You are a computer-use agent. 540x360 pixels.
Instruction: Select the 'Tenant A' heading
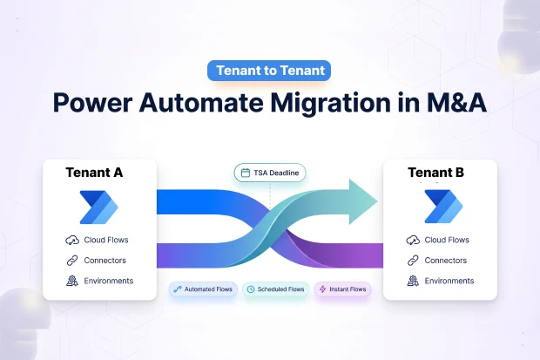click(x=94, y=173)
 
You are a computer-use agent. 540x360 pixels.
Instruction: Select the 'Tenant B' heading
click(x=437, y=173)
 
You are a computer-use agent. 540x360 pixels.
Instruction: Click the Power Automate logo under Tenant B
click(x=440, y=206)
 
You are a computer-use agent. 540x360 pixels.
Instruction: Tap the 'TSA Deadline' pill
click(x=269, y=173)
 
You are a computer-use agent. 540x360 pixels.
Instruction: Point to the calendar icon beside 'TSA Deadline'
click(x=246, y=173)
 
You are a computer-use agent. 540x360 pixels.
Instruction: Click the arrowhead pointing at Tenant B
click(x=361, y=202)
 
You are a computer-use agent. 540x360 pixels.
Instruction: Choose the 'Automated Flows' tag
click(x=203, y=289)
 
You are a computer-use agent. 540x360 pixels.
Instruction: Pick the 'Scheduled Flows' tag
click(x=274, y=289)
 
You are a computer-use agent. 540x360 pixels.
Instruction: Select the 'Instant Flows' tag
click(x=341, y=289)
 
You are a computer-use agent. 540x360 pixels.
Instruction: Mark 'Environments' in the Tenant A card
click(x=109, y=281)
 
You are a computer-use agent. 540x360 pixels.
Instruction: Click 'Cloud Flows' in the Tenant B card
click(x=446, y=241)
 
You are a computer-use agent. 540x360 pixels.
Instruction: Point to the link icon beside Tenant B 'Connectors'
click(x=412, y=261)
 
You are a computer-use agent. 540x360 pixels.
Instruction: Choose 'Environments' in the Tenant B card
click(x=449, y=281)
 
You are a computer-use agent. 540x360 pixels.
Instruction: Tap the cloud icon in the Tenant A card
click(x=71, y=241)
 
